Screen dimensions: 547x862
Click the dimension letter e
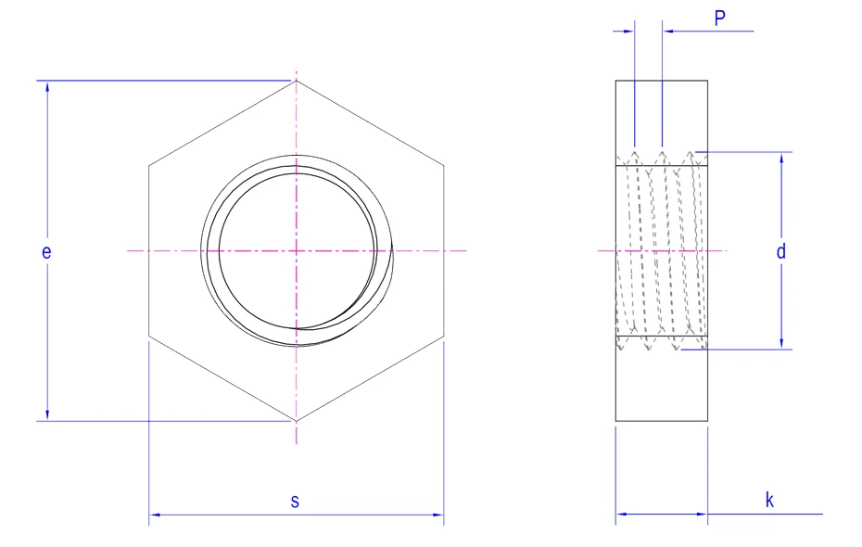(x=45, y=251)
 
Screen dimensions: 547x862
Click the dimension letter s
(x=296, y=502)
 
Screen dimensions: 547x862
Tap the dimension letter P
(x=719, y=18)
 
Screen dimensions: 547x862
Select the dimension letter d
(x=781, y=251)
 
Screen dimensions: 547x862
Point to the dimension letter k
(x=769, y=501)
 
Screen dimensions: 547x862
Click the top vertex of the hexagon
(x=297, y=82)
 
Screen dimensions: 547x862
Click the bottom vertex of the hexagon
(x=297, y=420)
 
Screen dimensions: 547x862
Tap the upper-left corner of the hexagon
(x=149, y=167)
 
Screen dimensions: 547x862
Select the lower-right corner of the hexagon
(x=444, y=335)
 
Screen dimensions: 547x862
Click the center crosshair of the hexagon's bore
(x=297, y=250)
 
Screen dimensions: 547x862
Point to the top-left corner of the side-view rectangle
(x=616, y=82)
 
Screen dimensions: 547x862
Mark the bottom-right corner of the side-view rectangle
(x=707, y=420)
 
